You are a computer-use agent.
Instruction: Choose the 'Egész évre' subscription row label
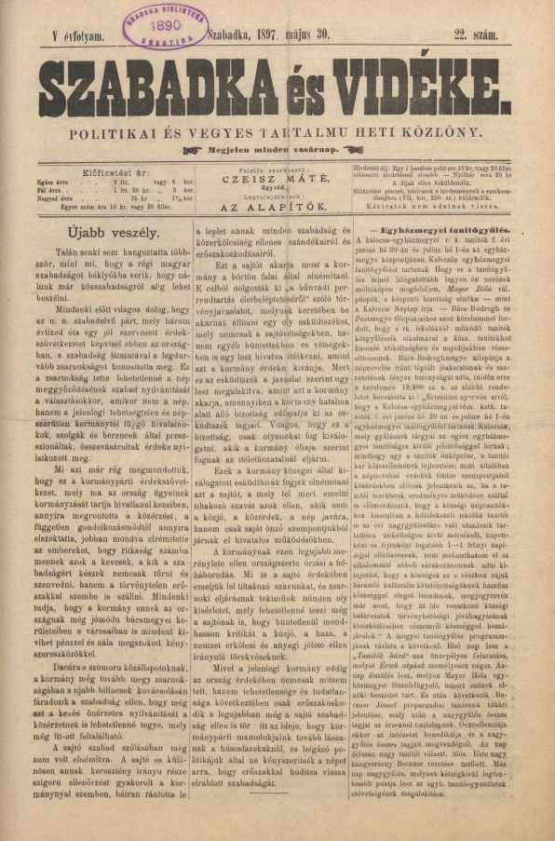point(55,182)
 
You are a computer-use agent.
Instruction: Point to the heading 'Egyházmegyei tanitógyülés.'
point(435,228)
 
